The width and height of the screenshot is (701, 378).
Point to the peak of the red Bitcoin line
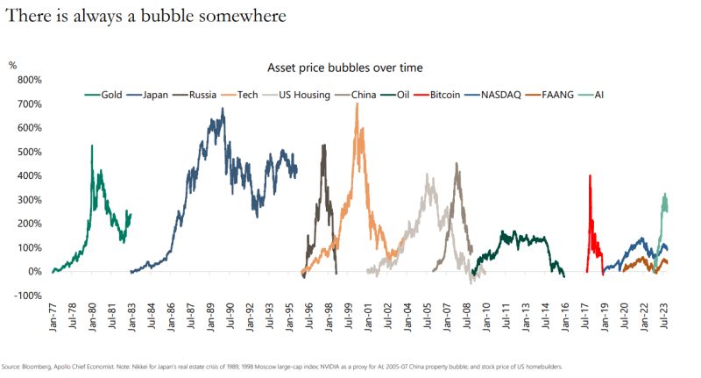point(590,175)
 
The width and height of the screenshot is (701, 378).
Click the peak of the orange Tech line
point(357,103)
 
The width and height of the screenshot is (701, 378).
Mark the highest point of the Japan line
point(223,109)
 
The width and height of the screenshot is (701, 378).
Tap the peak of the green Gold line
point(92,146)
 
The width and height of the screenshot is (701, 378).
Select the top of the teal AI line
point(665,194)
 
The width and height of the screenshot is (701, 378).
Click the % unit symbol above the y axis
point(12,66)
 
